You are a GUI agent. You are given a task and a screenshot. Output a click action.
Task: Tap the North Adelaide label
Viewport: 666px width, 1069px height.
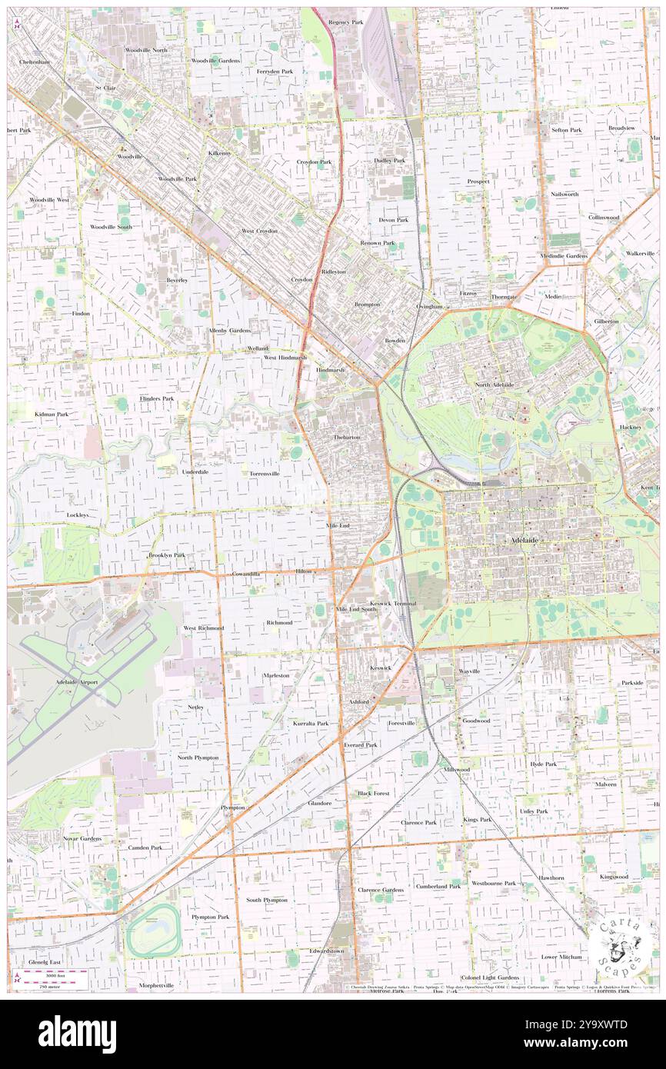493,385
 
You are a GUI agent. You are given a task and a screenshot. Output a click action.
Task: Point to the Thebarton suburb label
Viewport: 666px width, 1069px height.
346,437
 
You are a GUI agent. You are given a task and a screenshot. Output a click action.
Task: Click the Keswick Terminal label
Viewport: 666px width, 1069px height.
393,604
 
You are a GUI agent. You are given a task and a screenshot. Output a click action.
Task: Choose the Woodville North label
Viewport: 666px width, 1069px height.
146,50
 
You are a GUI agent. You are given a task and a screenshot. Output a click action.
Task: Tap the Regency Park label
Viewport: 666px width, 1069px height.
345,22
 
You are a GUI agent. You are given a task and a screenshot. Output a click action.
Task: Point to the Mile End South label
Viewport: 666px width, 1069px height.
356,608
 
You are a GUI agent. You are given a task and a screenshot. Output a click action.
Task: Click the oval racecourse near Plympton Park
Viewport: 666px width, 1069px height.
153,931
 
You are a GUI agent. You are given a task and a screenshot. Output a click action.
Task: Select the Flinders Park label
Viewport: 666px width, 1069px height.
157,399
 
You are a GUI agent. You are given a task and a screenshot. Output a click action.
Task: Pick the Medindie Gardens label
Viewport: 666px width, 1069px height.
564,255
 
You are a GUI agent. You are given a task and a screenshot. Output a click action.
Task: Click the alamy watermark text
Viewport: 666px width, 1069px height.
77,1034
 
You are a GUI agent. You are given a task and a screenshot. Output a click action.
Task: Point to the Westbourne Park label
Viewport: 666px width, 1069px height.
494,884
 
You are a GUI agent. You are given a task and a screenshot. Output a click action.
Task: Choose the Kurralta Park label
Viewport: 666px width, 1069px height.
311,724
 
